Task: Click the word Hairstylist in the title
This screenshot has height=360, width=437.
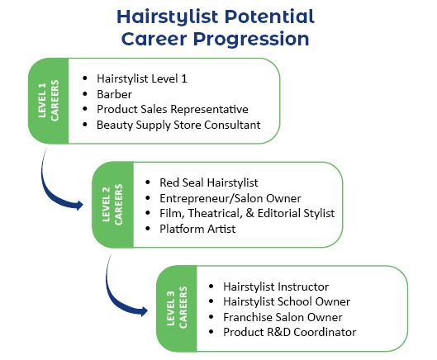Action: click(168, 17)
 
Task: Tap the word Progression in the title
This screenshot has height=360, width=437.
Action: click(251, 39)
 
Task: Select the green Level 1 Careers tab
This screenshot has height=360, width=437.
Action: click(49, 101)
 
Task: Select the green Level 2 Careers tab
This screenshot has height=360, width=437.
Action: click(112, 205)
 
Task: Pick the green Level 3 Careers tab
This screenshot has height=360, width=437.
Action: click(177, 309)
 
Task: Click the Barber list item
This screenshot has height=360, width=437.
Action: click(114, 94)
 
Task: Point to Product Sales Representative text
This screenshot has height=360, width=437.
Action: click(173, 109)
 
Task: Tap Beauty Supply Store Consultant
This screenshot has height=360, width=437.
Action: click(178, 125)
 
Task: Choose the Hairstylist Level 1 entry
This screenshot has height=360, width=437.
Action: click(142, 78)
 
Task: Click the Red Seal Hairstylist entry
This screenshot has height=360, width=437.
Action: click(209, 182)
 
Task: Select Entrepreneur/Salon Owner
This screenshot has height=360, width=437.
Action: click(230, 198)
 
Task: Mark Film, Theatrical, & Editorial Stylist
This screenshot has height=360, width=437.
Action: click(247, 213)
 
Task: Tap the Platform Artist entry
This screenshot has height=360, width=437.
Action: click(197, 229)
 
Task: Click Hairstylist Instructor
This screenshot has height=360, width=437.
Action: click(276, 287)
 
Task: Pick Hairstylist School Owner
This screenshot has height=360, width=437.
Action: click(287, 301)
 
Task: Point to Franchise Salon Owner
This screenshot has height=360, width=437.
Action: click(283, 317)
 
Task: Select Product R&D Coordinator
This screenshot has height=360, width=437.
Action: click(290, 333)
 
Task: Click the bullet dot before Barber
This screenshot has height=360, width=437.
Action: click(85, 94)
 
